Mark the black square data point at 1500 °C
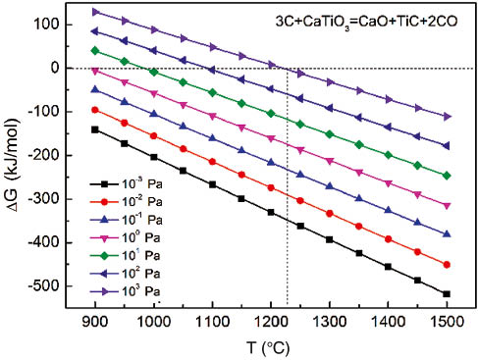(x=447, y=294)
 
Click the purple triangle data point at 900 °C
(x=95, y=12)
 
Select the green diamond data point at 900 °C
(x=95, y=50)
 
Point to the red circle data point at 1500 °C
(x=447, y=265)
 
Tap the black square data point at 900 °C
(x=95, y=129)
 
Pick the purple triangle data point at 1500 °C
(x=447, y=116)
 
